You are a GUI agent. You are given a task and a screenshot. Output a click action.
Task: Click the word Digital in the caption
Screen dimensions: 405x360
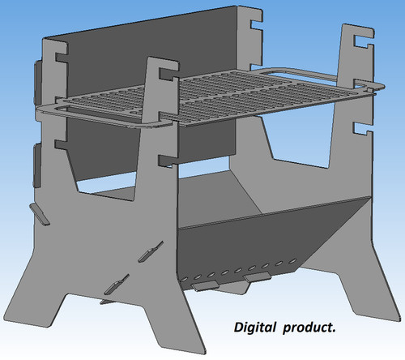tap(255, 328)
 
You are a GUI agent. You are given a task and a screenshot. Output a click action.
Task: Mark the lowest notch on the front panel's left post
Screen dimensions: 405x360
tap(60, 144)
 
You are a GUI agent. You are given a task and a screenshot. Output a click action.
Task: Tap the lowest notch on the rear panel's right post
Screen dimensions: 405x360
tap(363, 128)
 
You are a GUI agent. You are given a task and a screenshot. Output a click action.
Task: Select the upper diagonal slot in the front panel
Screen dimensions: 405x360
tap(150, 252)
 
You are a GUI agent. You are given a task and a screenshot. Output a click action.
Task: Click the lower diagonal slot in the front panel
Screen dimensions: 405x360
tap(117, 285)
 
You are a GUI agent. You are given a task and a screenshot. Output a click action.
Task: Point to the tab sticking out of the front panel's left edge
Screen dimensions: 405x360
tap(40, 214)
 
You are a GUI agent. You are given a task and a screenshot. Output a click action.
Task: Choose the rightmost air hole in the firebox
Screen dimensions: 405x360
tap(292, 261)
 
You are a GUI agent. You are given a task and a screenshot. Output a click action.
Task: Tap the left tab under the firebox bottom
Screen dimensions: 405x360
tap(205, 285)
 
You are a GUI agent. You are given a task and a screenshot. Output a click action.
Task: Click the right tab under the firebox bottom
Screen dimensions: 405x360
tap(257, 277)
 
